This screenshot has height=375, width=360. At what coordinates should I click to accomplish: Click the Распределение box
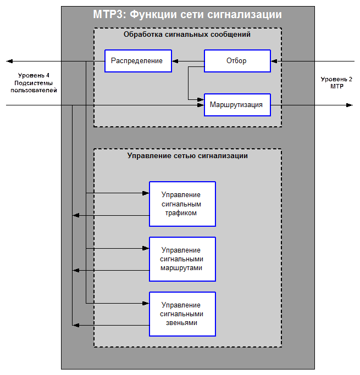point(136,61)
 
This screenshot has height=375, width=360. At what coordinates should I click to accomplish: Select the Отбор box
point(237,61)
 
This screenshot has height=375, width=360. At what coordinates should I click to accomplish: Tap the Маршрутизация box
point(237,105)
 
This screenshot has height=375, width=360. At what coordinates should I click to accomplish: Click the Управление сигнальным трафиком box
point(182,204)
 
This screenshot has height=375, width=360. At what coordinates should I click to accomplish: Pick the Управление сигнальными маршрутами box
point(182,259)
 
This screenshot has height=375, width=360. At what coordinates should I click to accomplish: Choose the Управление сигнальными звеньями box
point(182,314)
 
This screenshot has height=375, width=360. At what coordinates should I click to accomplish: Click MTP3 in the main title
point(108,15)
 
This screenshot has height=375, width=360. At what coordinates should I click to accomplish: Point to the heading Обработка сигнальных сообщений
point(187,35)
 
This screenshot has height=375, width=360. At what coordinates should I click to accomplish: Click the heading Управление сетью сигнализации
point(187,156)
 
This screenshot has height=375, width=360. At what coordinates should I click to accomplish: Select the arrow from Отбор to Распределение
point(187,61)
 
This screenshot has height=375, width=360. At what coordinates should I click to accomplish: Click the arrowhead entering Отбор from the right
point(274,61)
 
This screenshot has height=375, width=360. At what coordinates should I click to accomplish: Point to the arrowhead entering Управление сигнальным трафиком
point(146,193)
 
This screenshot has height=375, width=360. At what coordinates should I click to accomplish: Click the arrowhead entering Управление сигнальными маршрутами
point(146,248)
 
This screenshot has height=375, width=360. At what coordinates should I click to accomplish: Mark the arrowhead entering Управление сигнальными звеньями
point(146,303)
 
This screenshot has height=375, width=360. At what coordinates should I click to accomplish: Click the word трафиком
point(181,213)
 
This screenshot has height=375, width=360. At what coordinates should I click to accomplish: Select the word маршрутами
point(181,268)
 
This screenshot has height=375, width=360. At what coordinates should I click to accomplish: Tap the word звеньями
point(181,323)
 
